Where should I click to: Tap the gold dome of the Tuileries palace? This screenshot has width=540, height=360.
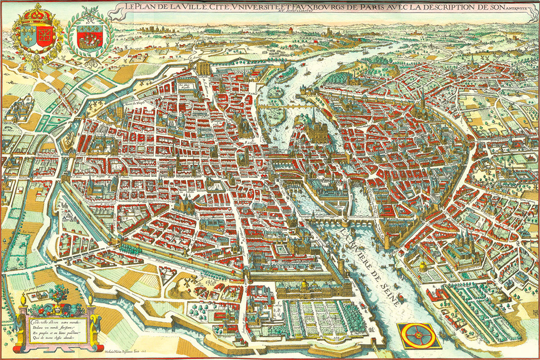(305, 284)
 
